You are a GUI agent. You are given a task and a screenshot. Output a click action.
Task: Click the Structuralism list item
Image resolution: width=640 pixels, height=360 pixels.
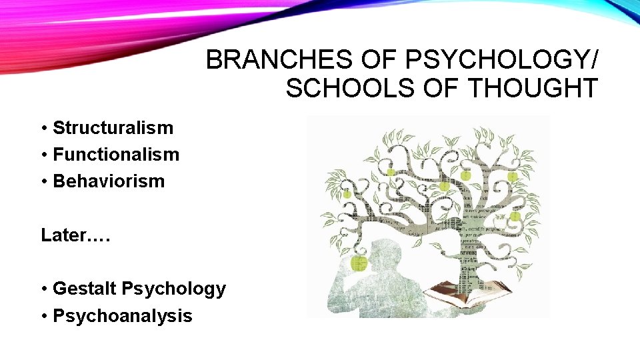(x=113, y=128)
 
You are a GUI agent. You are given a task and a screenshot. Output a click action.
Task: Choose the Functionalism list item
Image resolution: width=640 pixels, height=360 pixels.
(x=116, y=155)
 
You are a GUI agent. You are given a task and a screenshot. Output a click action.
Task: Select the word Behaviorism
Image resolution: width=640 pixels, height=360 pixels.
(x=109, y=181)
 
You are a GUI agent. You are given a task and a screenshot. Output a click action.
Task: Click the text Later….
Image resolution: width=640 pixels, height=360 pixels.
(x=75, y=235)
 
